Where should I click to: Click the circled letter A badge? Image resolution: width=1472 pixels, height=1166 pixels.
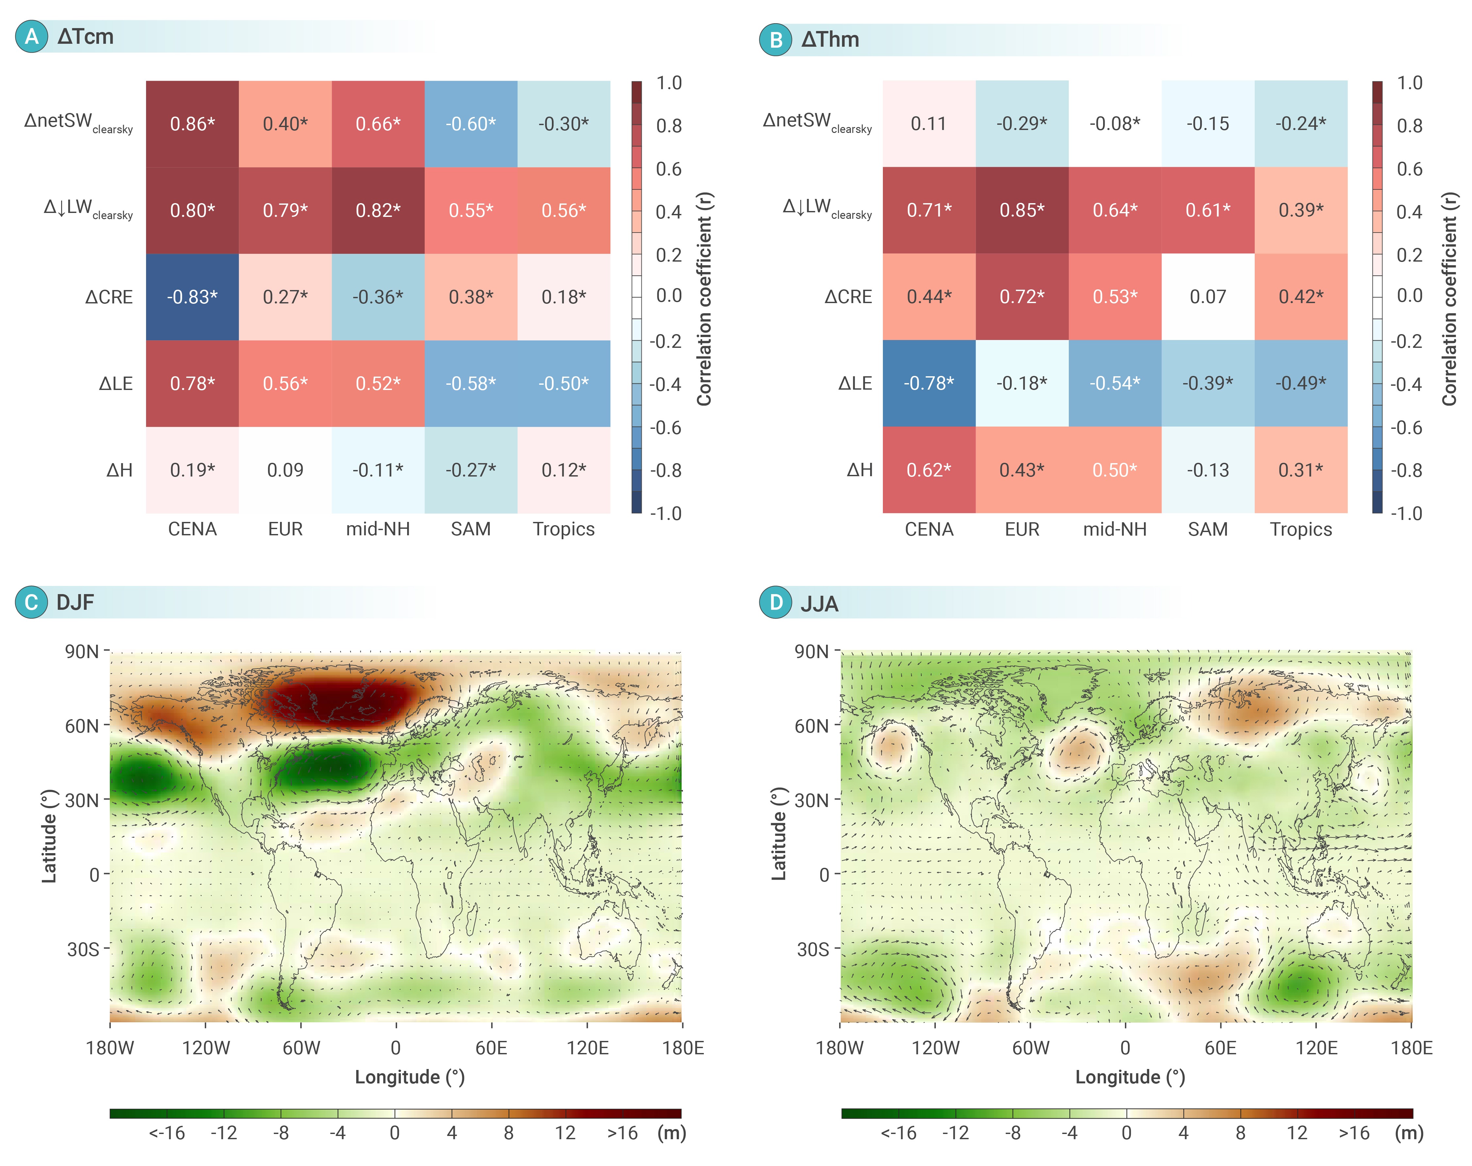tap(31, 36)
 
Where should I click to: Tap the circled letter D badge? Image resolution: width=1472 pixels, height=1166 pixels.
tap(776, 603)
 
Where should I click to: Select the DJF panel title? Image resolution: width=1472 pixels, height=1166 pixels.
tap(75, 603)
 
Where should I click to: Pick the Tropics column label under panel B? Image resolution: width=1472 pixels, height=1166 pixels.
tap(1301, 529)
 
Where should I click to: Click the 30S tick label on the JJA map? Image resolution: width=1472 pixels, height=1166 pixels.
tap(813, 949)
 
